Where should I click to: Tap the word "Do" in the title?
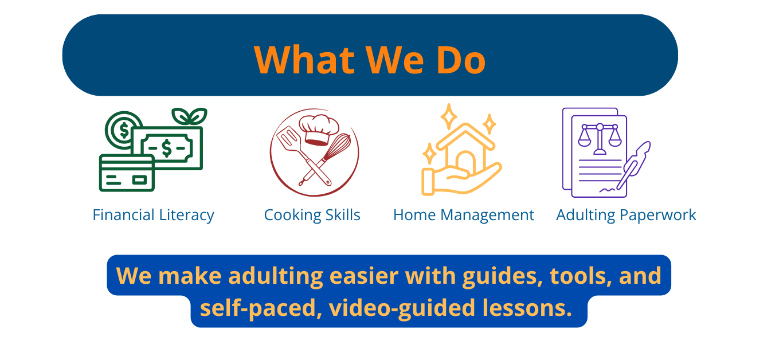point(461,60)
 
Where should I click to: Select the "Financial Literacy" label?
point(153,216)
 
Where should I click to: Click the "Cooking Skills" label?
point(312,216)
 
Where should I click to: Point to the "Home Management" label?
point(464,216)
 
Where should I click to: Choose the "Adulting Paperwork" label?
point(626,216)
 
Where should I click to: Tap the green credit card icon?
point(127,173)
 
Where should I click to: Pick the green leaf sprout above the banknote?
point(189,116)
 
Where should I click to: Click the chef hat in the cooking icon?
point(318,130)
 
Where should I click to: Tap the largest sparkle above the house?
point(449,116)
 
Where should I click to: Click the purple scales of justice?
point(600,139)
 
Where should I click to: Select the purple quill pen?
point(633,165)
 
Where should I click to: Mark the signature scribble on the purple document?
point(608,190)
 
